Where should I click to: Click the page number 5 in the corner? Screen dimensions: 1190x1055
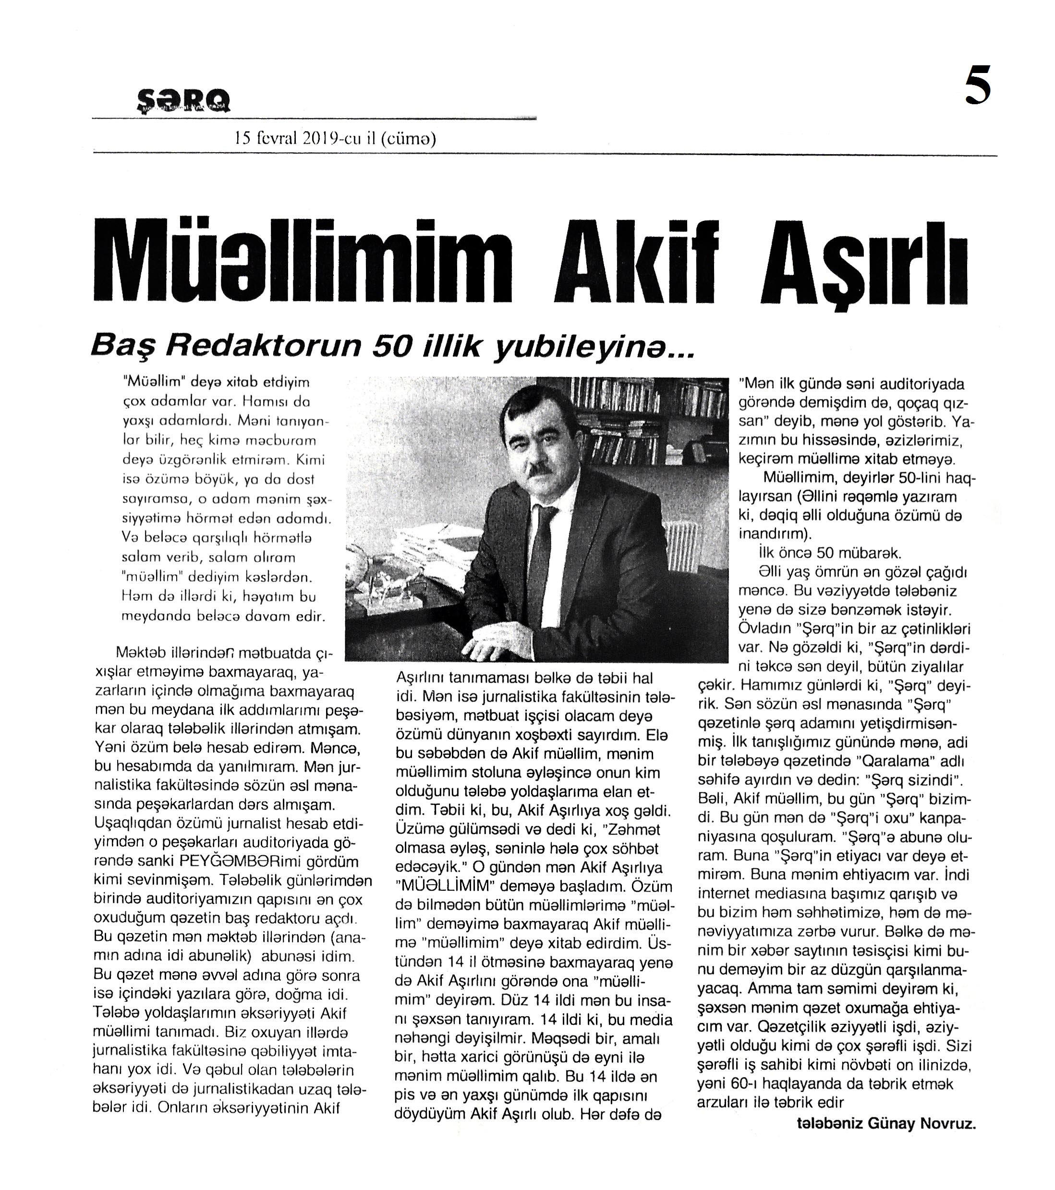tap(978, 85)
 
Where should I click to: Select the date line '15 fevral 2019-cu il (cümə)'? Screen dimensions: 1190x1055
tap(335, 139)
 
